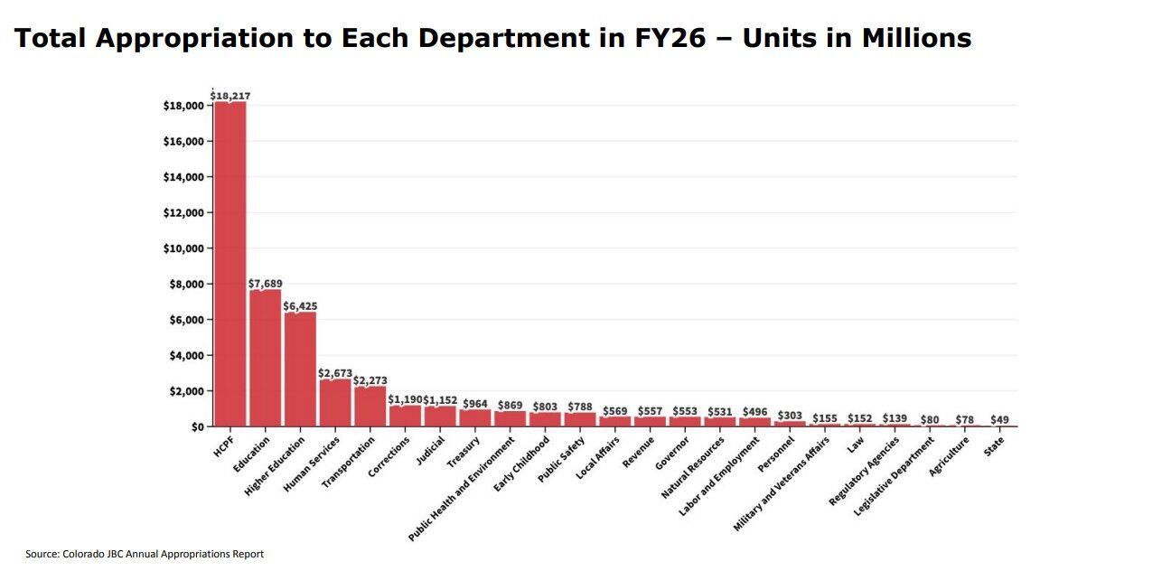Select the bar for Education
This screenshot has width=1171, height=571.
click(265, 358)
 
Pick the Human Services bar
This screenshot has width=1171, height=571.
click(335, 403)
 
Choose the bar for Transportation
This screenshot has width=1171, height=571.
click(370, 407)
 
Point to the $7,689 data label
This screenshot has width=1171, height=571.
click(265, 284)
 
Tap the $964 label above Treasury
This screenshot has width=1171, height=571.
click(475, 403)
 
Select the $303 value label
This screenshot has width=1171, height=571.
click(790, 415)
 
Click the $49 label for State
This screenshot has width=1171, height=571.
click(999, 419)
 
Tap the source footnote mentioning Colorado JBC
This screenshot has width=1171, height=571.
click(145, 554)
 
